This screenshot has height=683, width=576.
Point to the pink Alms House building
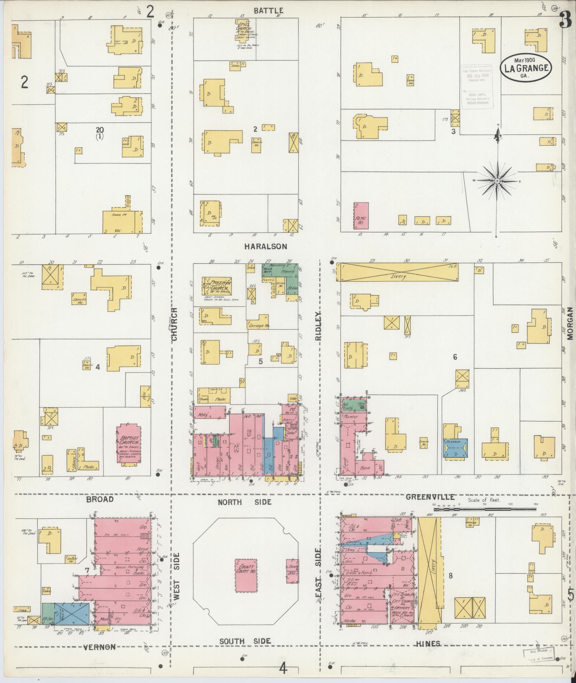pyautogui.click(x=361, y=215)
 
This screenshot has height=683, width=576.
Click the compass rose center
pyautogui.click(x=497, y=181)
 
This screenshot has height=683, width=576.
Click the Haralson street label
pyautogui.click(x=266, y=246)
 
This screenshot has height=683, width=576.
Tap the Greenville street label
pyautogui.click(x=430, y=497)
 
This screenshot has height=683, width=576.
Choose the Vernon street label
pyautogui.click(x=100, y=647)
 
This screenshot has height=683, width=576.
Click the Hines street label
pyautogui.click(x=428, y=643)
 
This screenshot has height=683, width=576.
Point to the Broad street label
pyautogui.click(x=100, y=499)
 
